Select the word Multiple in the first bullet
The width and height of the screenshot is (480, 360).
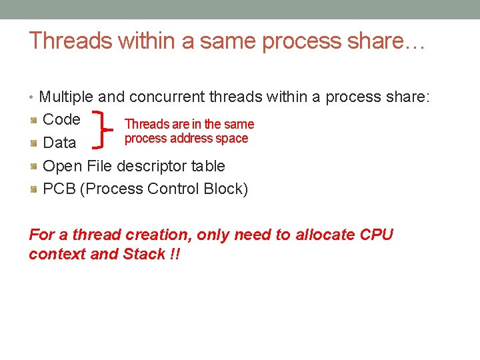67,97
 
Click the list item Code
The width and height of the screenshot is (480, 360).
61,120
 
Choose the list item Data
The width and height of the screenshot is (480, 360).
59,143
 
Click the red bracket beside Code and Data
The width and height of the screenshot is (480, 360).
104,130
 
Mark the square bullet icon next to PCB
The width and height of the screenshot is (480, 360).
33,189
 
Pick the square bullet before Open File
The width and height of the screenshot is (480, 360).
33,166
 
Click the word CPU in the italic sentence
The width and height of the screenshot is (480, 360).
376,235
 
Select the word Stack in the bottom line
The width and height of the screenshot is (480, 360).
143,254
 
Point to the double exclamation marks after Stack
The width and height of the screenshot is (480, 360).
175,254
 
